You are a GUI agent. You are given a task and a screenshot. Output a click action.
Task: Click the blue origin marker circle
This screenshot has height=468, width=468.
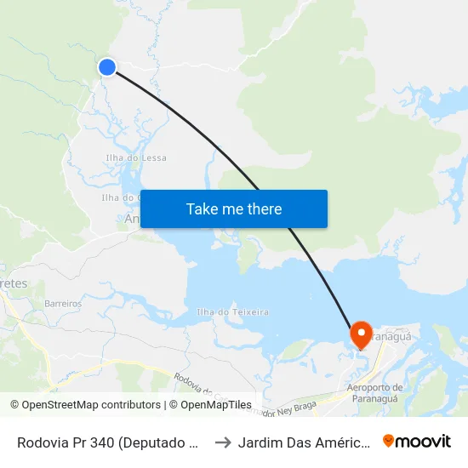tap(107, 67)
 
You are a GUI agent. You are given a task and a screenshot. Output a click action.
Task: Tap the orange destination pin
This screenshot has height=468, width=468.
tap(361, 334)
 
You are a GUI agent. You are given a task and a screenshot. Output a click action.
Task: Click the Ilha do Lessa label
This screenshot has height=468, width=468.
tap(136, 157)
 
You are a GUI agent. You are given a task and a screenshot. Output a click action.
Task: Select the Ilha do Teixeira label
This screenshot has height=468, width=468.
tap(232, 312)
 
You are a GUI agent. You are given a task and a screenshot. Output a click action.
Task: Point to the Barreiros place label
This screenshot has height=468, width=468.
tap(63, 303)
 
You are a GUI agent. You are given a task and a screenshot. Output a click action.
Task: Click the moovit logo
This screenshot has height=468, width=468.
tap(417, 441)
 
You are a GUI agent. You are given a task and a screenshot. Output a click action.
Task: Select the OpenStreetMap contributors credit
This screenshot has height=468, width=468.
tap(85, 405)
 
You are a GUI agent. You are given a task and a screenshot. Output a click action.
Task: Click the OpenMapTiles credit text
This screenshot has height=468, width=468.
tap(209, 405)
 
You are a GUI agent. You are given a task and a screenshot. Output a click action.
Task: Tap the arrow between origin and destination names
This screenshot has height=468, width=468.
tap(222, 442)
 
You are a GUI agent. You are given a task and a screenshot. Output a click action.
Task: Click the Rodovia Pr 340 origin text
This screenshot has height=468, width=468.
tap(109, 442)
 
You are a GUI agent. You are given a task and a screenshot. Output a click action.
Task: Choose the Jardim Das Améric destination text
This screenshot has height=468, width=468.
tap(304, 442)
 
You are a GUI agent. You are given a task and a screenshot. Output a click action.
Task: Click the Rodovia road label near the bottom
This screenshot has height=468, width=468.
tap(192, 384)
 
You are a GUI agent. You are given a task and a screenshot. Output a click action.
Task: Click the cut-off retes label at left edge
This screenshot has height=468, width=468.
tap(14, 283)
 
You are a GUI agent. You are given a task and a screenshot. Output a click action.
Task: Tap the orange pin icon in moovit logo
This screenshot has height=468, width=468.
tap(389, 441)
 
